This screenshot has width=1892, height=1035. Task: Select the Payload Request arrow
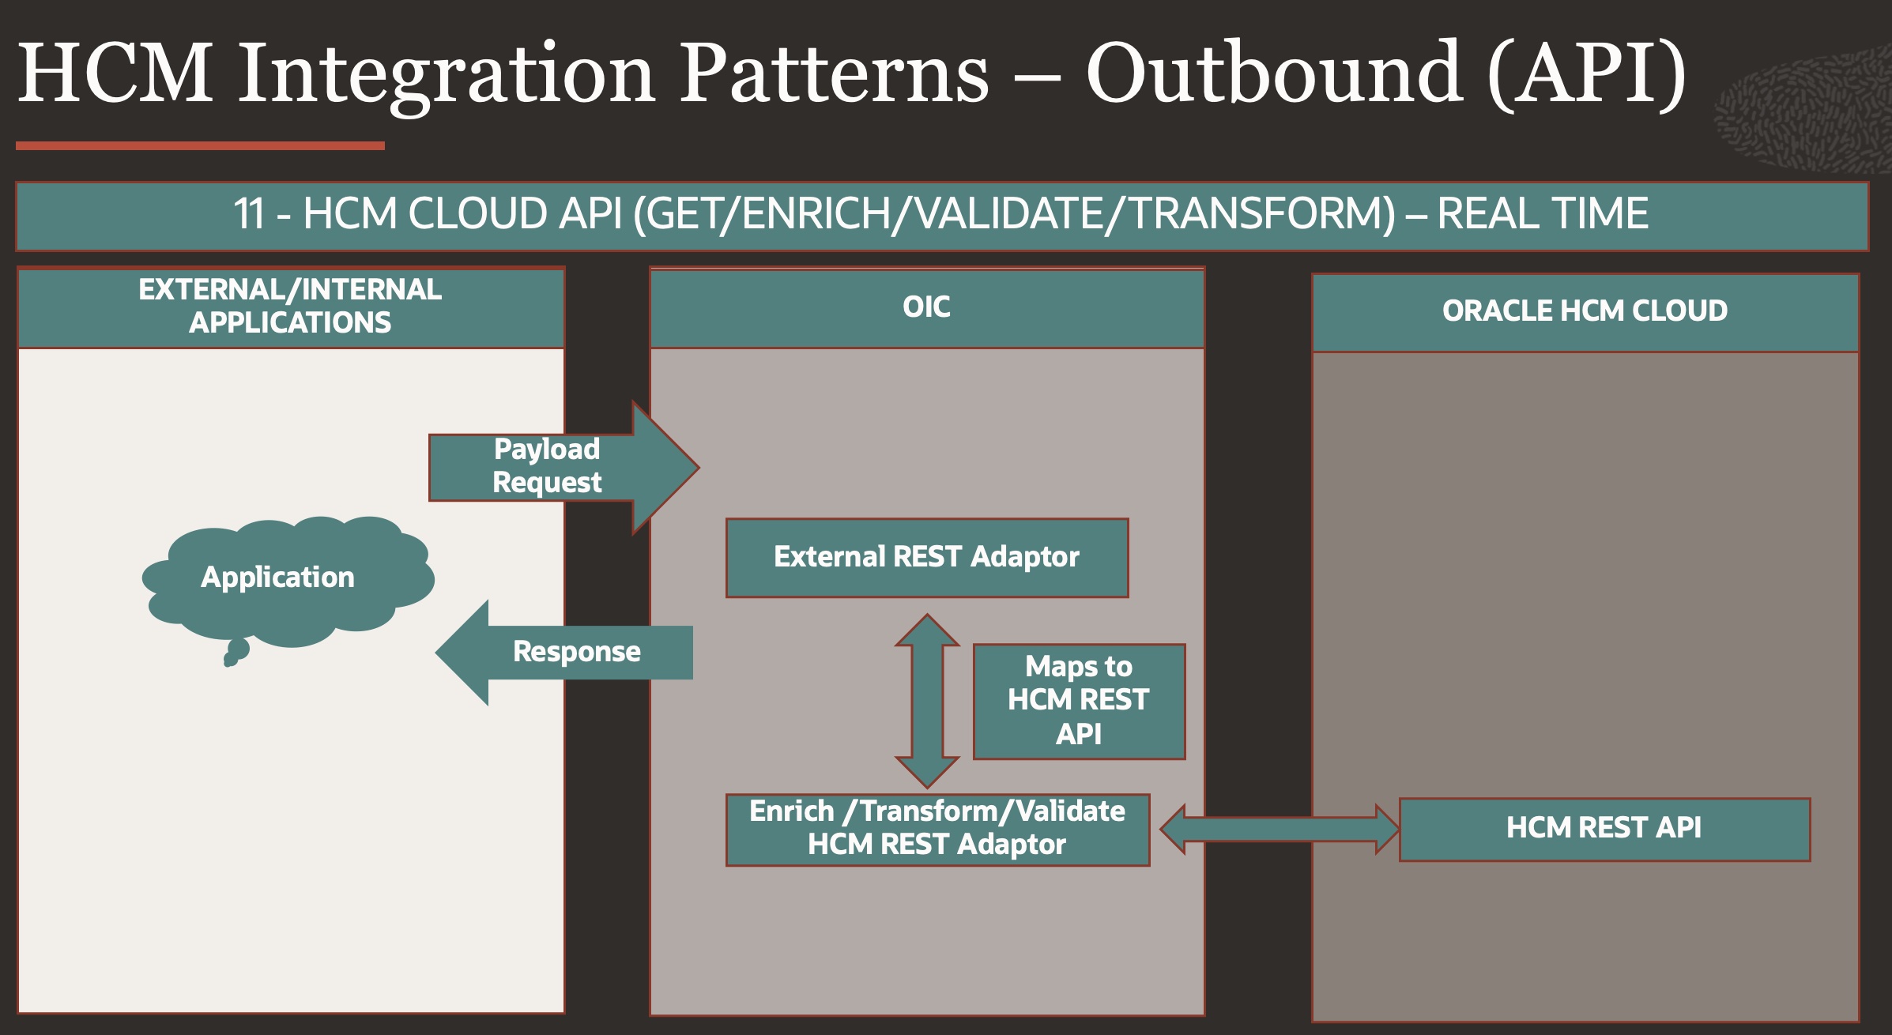553,467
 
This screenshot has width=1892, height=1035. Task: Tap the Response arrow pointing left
569,653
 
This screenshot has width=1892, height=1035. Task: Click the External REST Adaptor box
926,558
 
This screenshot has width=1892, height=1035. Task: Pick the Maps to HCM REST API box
1078,701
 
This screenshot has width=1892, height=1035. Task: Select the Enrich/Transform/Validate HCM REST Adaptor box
937,829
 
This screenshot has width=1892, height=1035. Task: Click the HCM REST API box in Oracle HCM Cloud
1604,829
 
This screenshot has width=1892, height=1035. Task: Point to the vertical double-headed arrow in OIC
927,701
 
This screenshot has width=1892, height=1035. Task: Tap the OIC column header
926,307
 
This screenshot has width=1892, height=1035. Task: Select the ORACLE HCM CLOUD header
1585,312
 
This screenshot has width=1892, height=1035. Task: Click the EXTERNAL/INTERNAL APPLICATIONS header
290,307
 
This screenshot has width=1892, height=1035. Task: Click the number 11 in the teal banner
249,214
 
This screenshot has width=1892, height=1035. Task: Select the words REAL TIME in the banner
1542,214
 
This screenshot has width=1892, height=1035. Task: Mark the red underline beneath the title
200,145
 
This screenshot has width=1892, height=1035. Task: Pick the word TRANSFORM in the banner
1261,214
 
